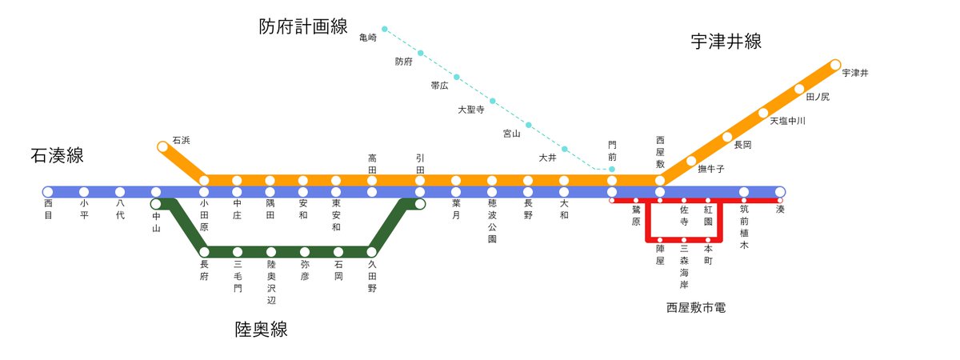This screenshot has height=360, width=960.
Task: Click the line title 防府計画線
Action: point(303,26)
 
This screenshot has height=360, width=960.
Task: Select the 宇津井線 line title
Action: point(726,42)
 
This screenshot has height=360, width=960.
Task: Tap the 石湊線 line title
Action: point(57,155)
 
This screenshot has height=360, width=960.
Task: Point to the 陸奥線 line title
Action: point(261,329)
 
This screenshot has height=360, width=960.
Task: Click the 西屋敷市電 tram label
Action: point(695,307)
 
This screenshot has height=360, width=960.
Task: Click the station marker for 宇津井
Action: point(835,64)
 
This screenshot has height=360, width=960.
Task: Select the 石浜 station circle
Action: point(163,146)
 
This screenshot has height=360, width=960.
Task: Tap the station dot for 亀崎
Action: point(385,29)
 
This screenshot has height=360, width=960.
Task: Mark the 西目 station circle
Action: point(48,192)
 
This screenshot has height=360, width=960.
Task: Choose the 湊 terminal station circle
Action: point(780,192)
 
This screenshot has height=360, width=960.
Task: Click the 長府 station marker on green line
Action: point(204,252)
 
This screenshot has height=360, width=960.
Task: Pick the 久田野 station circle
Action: point(372,252)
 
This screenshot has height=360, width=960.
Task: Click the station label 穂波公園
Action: point(492,222)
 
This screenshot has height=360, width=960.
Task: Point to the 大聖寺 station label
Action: point(470,110)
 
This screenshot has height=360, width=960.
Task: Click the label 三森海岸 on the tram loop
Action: point(684,267)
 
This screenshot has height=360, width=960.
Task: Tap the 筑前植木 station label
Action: point(744,227)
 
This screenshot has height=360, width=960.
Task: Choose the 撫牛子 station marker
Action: point(691,161)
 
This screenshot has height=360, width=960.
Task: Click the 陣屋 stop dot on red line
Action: point(660,239)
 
